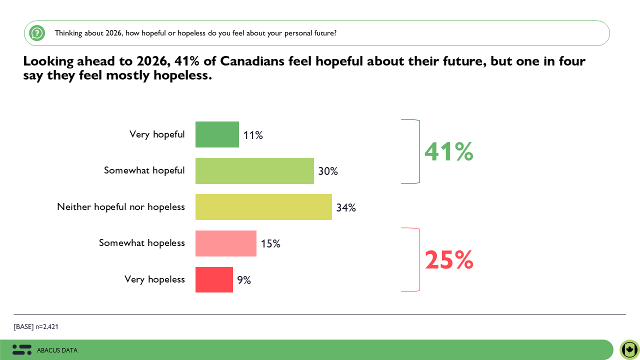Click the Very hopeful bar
[x=217, y=134]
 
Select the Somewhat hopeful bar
[x=254, y=171]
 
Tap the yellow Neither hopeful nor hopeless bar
[x=263, y=207]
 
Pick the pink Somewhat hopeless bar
[x=225, y=243]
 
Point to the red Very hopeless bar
[x=214, y=279]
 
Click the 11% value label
[x=253, y=135]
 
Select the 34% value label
[x=346, y=207]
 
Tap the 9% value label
[x=244, y=280]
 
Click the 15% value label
[x=270, y=244]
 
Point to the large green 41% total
[x=448, y=152]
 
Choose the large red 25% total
[x=448, y=260]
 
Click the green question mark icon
[x=37, y=33]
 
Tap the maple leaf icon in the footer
[x=629, y=349]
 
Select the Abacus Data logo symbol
[x=22, y=350]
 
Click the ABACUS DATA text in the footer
[x=57, y=350]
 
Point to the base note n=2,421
[x=36, y=327]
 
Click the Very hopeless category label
[x=154, y=279]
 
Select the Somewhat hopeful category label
[x=144, y=170]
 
